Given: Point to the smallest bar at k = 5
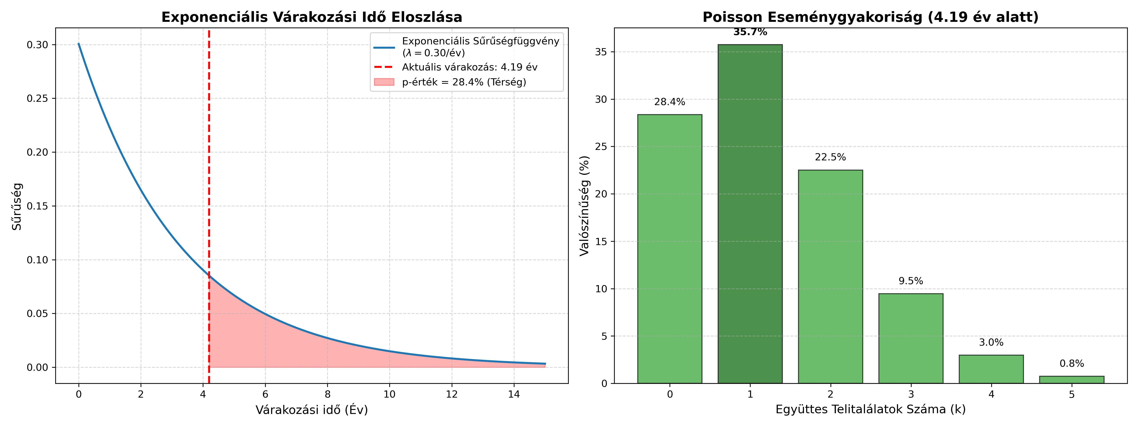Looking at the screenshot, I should coord(1071,380).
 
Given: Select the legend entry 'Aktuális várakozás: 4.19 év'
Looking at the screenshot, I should coord(469,67).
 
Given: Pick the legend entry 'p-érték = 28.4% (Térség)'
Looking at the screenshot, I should coord(464,82).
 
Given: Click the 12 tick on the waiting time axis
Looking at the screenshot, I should coord(451,394).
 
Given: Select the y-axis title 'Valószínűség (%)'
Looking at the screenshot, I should coord(584,205).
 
